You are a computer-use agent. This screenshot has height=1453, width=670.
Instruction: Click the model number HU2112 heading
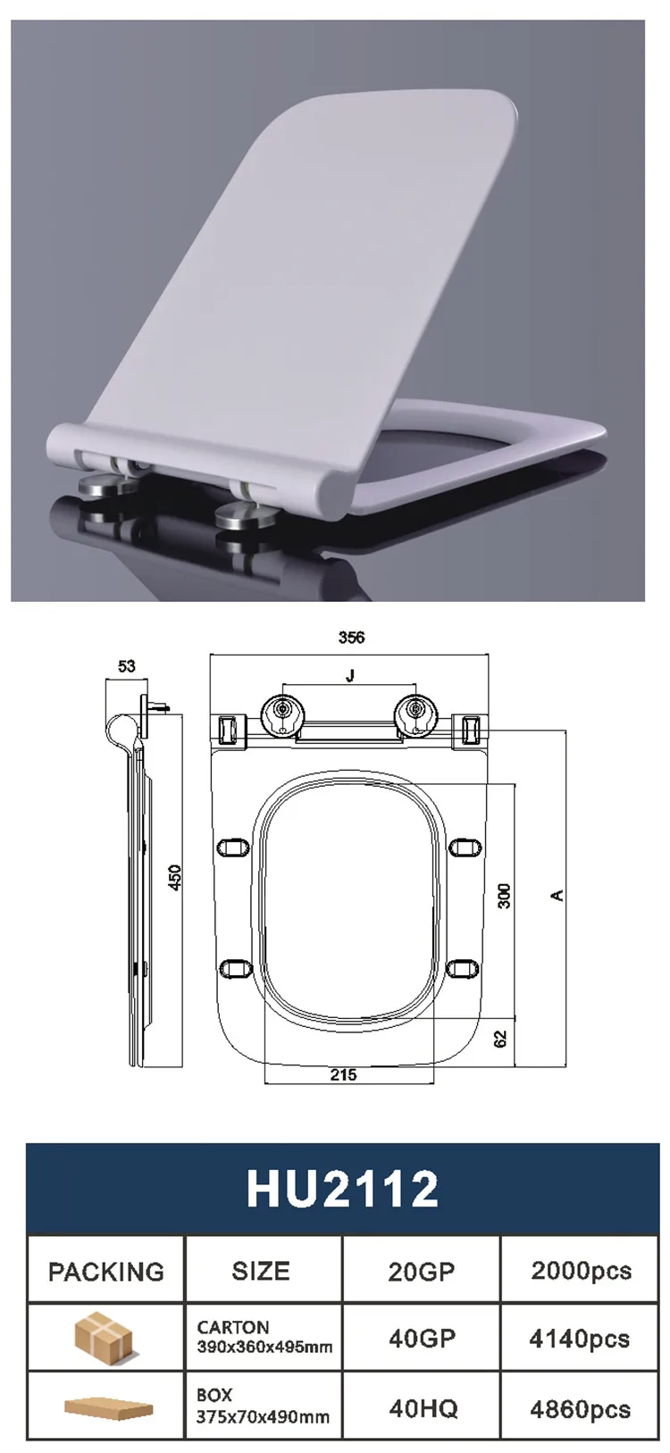343,1190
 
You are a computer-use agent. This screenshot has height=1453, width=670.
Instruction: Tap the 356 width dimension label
351,638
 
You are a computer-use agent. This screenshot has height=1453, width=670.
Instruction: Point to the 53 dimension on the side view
126,666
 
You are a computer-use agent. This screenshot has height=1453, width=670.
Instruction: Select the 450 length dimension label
175,877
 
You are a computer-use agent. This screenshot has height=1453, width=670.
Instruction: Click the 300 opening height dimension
504,896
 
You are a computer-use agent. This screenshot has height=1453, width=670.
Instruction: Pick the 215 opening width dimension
344,1075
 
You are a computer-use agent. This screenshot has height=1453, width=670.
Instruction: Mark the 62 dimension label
501,1039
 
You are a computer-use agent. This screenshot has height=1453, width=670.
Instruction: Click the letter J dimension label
350,676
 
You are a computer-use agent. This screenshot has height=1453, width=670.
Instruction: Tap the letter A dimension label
558,895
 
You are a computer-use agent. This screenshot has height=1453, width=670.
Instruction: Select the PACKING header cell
106,1271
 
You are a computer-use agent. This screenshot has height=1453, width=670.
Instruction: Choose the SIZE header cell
261,1271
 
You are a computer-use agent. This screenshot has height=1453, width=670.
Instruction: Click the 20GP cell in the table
422,1271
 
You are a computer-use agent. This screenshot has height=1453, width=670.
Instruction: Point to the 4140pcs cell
580,1339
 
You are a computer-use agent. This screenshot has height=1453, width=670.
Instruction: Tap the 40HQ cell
423,1408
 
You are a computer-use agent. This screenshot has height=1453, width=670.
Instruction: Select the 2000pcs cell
581,1271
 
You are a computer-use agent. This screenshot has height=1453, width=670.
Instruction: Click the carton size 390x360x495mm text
264,1347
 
